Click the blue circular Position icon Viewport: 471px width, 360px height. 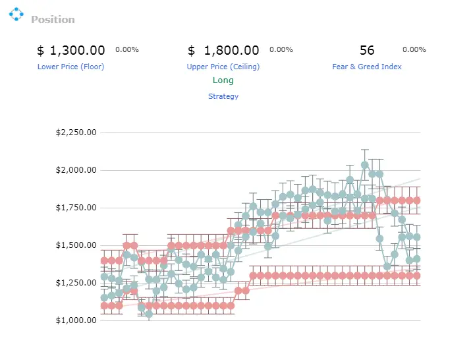pos(16,14)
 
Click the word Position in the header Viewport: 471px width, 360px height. pos(53,20)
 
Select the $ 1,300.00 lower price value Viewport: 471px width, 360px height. pos(71,50)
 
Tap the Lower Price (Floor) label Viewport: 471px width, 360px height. pos(71,67)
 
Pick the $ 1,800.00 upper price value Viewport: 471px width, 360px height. pos(223,50)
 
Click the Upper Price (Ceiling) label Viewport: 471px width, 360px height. pos(223,67)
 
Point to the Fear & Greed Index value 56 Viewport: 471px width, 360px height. pos(367,50)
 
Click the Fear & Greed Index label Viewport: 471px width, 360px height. pos(367,67)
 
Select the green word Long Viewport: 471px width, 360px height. pos(223,80)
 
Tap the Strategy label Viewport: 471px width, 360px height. pos(223,96)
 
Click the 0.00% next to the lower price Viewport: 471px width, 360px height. pos(127,49)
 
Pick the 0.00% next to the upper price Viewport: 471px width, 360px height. pos(281,49)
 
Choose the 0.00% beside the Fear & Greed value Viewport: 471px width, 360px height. pos(414,49)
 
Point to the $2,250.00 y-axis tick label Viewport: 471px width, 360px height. pos(76,133)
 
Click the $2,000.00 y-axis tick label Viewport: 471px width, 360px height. pos(76,170)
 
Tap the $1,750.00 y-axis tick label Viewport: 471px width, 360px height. pos(76,208)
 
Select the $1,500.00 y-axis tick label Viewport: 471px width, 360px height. pos(76,245)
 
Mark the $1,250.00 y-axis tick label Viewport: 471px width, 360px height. pos(76,283)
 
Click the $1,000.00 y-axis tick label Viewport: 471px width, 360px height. pos(76,320)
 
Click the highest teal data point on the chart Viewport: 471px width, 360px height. pos(365,165)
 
